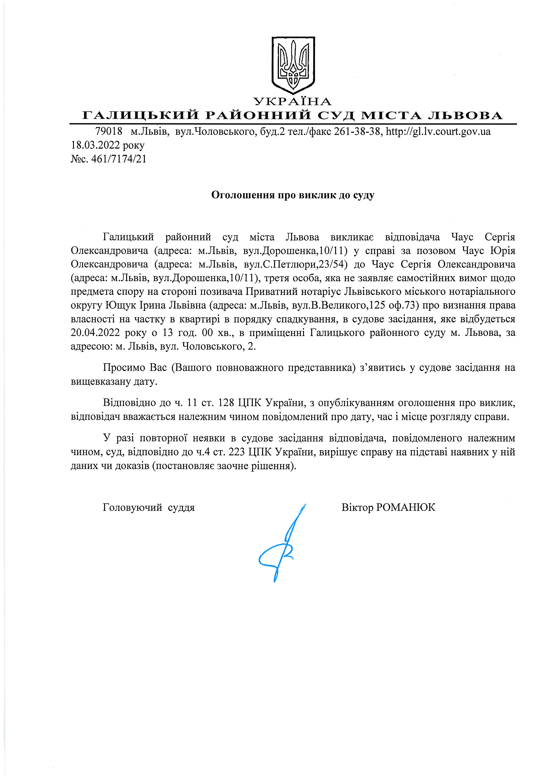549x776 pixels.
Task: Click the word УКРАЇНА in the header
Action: [x=293, y=101]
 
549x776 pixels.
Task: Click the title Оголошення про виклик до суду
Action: [x=293, y=195]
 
